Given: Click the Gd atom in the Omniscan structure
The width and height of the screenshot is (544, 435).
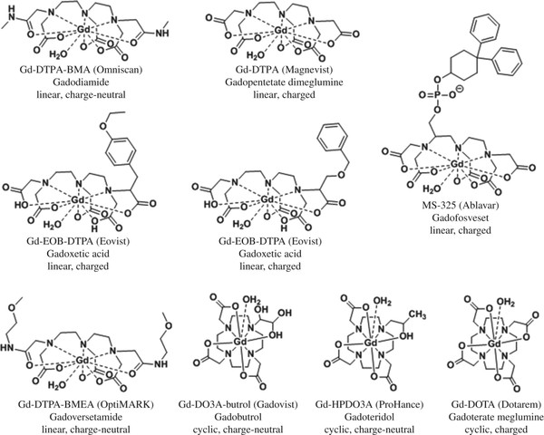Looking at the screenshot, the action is tap(83, 30).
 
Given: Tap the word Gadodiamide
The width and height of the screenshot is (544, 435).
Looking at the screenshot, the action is tap(82, 82).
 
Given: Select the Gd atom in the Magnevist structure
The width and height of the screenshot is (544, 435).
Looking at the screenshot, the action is tap(281, 31).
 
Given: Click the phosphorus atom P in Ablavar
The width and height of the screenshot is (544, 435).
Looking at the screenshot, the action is tap(437, 94).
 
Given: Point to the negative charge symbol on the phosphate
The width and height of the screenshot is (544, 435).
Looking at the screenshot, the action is tap(459, 89).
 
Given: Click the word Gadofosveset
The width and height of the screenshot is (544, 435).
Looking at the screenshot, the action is tap(461, 217).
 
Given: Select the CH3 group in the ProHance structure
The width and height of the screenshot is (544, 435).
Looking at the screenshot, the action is tap(417, 315).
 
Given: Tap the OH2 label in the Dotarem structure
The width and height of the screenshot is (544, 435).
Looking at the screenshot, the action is tap(506, 303).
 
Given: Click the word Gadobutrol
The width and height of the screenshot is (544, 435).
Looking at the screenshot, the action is tap(238, 417).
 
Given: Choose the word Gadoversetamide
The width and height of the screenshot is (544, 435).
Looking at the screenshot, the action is tap(85, 417).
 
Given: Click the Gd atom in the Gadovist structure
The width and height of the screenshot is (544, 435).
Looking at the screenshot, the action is tap(239, 342).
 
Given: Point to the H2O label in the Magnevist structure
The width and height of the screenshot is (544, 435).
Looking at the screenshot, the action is tap(254, 55).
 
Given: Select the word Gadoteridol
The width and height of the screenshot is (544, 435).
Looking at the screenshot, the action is tap(369, 417).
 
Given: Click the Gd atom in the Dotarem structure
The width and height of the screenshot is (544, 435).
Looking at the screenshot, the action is tap(494, 344).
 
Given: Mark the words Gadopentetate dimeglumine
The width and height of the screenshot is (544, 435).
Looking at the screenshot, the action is tap(284, 82).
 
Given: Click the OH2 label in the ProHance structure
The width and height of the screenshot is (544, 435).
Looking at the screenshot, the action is tap(382, 302).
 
